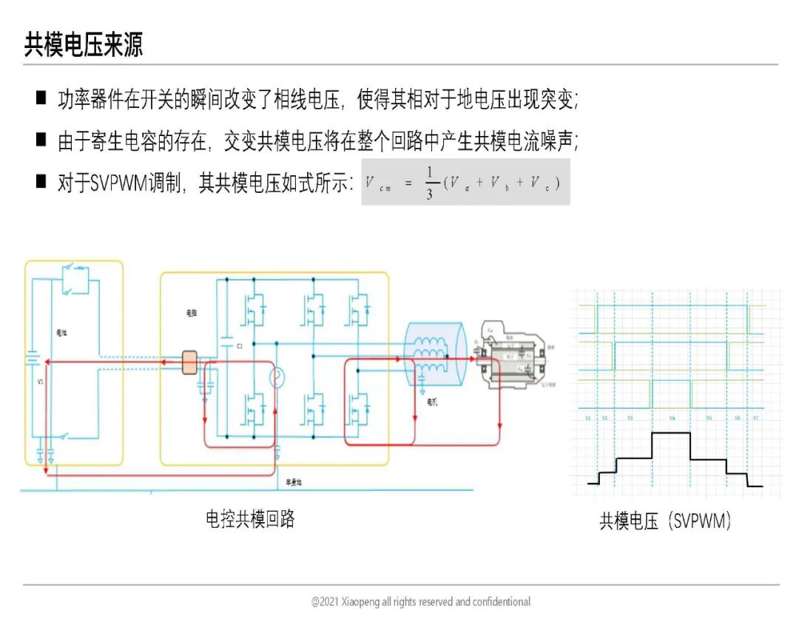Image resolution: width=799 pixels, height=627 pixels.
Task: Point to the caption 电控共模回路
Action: tap(250, 519)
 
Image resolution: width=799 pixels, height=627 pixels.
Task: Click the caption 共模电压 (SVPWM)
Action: tap(665, 521)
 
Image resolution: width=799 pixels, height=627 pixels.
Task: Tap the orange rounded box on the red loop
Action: tap(189, 361)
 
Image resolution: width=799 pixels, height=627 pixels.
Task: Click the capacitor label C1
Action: tap(240, 346)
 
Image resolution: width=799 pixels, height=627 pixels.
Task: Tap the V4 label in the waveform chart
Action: tap(672, 418)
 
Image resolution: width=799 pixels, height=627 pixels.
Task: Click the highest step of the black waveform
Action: tap(670, 434)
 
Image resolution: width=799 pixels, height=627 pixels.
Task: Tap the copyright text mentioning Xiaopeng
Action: tap(420, 602)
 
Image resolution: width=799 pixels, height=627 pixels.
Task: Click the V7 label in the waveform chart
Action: tap(756, 418)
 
